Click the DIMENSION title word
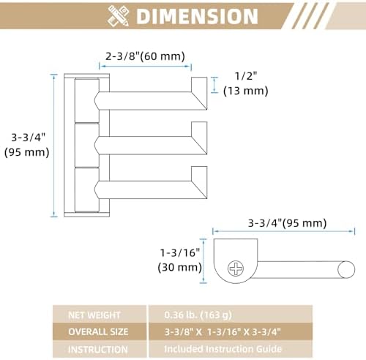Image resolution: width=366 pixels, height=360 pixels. tap(197, 16)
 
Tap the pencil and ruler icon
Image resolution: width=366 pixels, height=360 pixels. tap(119, 16)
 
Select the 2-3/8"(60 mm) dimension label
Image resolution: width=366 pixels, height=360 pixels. tap(145, 56)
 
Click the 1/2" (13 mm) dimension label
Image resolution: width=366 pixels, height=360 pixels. tap(246, 83)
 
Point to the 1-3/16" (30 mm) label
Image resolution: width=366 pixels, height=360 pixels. tap(180, 260)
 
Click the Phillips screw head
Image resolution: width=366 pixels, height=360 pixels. tap(236, 269)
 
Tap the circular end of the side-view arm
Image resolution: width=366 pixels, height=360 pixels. tap(346, 269)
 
